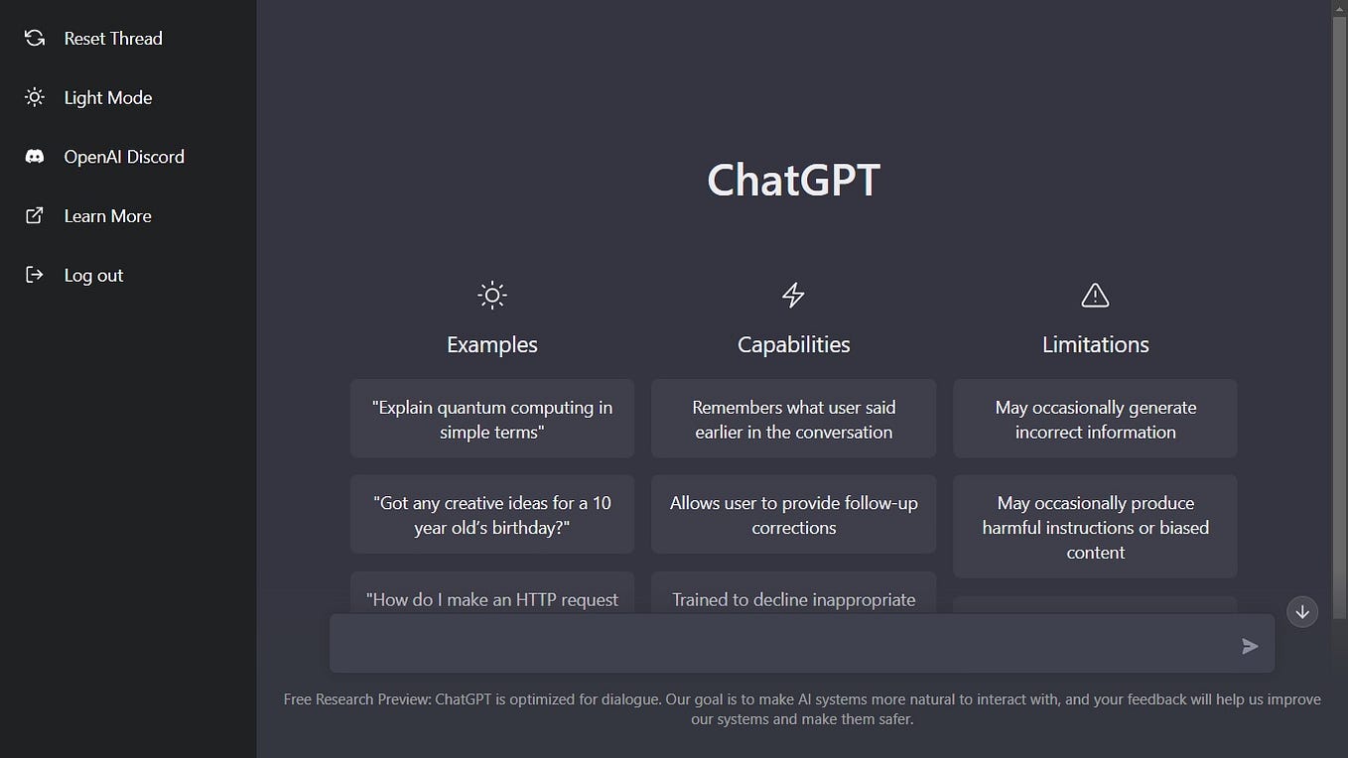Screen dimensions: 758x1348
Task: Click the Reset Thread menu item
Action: pyautogui.click(x=112, y=39)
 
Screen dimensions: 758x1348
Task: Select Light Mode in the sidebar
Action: pyautogui.click(x=107, y=98)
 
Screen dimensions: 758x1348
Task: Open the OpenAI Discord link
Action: pyautogui.click(x=123, y=157)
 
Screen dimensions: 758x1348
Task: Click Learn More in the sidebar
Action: pyautogui.click(x=107, y=216)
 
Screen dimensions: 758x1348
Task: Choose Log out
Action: pyautogui.click(x=93, y=276)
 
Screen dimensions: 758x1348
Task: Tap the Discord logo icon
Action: pyautogui.click(x=35, y=157)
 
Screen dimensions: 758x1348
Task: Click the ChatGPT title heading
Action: pyautogui.click(x=793, y=181)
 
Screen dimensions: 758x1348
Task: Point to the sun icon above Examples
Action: pyautogui.click(x=491, y=295)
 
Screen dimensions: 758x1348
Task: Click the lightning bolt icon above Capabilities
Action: pyautogui.click(x=793, y=295)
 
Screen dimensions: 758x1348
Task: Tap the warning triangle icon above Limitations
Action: pyautogui.click(x=1095, y=295)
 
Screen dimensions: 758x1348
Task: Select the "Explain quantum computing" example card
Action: pyautogui.click(x=491, y=419)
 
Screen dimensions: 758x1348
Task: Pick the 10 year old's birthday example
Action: pyautogui.click(x=491, y=514)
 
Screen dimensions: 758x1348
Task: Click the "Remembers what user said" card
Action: pyautogui.click(x=793, y=419)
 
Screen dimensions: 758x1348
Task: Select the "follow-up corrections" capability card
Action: pyautogui.click(x=793, y=514)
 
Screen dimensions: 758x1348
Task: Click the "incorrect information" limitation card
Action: pyautogui.click(x=1095, y=419)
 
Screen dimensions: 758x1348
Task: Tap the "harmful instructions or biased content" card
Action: pyautogui.click(x=1095, y=527)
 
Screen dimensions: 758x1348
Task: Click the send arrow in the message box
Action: pyautogui.click(x=1250, y=646)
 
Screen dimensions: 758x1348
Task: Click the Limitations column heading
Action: pyautogui.click(x=1095, y=344)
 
